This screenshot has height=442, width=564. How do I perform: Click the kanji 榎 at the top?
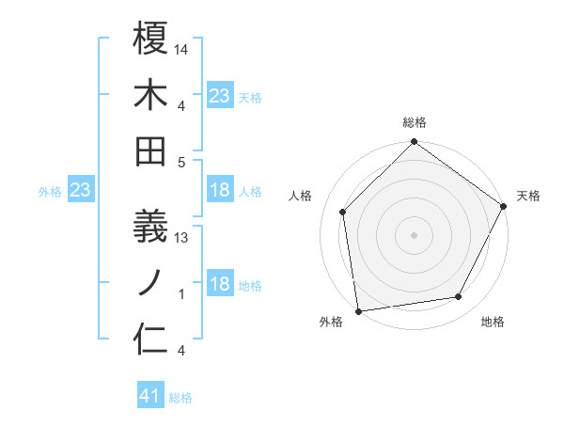coord(151,39)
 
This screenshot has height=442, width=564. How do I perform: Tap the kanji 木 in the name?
coord(151,95)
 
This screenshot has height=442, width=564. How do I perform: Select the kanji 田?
coord(151,151)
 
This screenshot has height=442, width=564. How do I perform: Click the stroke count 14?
coord(182,50)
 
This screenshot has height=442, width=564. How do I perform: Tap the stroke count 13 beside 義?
coord(182,238)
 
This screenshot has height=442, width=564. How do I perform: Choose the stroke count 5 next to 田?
coord(182,163)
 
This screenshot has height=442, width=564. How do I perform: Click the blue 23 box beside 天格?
coord(220,95)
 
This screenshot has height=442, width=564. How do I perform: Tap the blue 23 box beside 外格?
coord(81,191)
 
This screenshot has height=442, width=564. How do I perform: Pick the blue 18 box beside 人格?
coord(220,190)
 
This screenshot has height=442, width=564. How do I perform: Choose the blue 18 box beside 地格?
coord(220,285)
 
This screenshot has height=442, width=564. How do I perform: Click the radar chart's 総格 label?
coord(415,122)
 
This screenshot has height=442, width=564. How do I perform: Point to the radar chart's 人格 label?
coord(302,196)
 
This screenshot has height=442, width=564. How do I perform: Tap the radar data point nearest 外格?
coord(358,310)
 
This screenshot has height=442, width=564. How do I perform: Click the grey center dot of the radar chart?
coord(415,234)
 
